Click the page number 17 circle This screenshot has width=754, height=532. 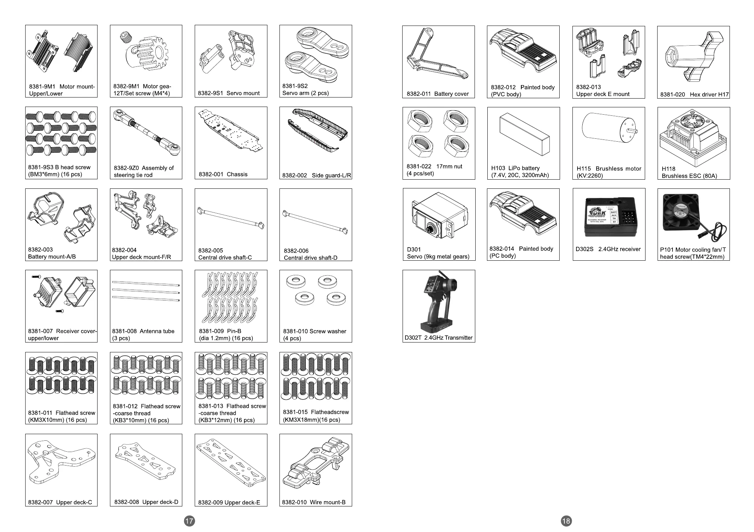(x=189, y=521)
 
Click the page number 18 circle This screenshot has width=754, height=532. (x=566, y=521)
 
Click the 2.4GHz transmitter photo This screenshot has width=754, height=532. (x=438, y=301)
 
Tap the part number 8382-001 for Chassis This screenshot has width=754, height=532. (x=211, y=175)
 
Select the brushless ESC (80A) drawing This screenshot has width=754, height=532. (x=693, y=137)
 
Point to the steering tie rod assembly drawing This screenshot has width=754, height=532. (x=146, y=133)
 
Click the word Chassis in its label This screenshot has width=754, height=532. (x=237, y=175)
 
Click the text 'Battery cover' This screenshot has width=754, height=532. (x=451, y=94)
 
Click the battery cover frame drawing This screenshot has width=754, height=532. (x=437, y=57)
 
